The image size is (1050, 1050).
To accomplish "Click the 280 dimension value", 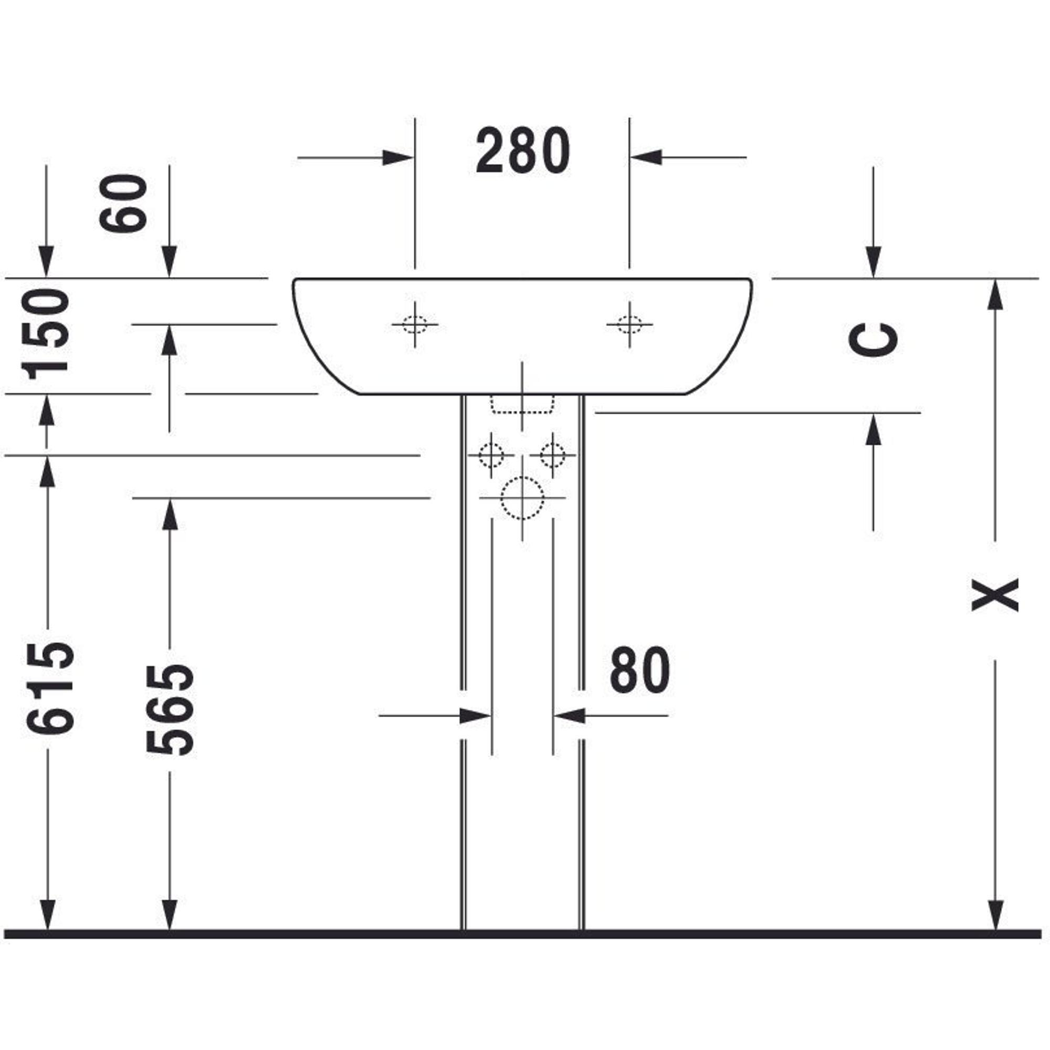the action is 523,151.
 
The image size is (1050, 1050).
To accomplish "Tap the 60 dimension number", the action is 123,203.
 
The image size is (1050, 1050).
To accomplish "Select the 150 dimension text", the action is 46,334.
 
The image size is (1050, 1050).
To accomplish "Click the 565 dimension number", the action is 170,710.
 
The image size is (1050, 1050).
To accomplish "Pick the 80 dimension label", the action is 639,670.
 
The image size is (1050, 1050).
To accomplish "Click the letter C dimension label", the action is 873,340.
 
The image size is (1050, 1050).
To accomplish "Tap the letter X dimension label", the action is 994,595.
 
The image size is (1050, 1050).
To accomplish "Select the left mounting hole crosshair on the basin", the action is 415,324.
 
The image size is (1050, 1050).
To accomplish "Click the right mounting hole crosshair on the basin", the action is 629,324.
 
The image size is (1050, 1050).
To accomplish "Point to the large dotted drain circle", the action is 522,497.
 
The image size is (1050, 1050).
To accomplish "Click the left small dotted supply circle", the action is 491,455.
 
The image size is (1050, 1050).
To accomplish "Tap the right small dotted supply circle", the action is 553,455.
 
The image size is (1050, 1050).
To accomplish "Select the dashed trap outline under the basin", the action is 522,404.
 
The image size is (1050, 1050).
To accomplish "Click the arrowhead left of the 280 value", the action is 398,157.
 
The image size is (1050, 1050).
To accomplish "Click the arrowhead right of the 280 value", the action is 646,157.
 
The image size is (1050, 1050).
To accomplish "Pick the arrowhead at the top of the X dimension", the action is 994,295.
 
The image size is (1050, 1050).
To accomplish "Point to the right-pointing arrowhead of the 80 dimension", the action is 476,716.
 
